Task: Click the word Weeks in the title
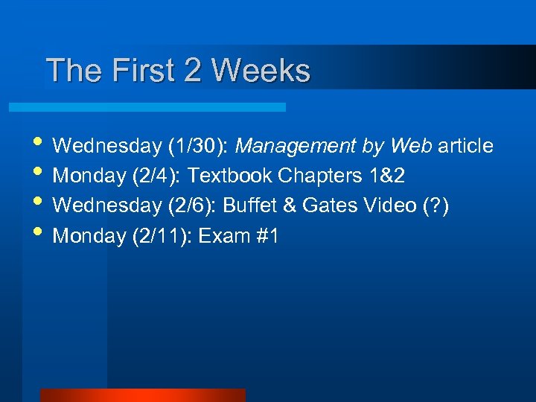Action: point(261,71)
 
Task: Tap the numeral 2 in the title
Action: point(192,71)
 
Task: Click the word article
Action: point(465,146)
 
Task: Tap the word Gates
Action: point(328,206)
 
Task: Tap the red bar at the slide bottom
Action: point(142,395)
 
